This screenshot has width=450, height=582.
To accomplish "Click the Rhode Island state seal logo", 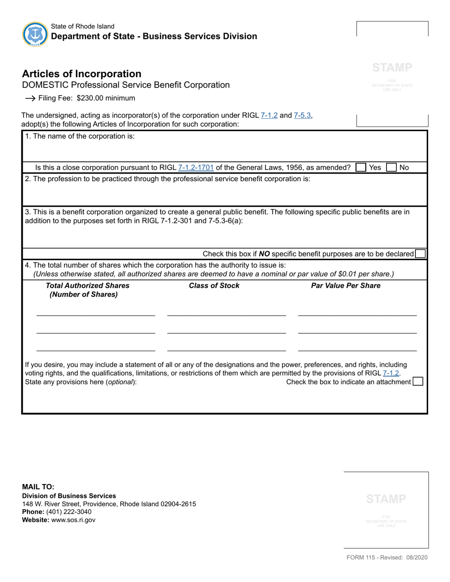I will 35,34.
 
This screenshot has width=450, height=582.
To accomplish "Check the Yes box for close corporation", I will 360,167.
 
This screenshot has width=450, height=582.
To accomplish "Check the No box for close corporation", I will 391,167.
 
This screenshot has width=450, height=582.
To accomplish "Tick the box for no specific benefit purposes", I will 420,254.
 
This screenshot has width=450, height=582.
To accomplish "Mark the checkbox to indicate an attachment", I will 418,382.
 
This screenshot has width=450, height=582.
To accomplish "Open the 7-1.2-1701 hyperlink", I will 196,167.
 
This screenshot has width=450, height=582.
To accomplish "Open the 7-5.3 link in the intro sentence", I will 302,115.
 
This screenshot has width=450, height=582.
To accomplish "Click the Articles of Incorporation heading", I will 81,74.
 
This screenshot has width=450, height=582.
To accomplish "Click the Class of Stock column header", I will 214,286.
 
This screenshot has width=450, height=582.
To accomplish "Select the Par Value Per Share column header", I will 345,286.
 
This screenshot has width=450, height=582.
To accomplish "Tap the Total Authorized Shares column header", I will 87,286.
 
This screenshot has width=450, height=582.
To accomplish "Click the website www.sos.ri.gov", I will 73,520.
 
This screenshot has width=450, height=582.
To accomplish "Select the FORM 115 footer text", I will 387,557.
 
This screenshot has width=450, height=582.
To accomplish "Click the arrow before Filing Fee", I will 30,98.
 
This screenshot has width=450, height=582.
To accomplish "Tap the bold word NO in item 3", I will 264,254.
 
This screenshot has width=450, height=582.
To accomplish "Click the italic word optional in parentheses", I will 120,382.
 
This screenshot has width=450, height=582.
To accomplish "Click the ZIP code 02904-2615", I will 178,504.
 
